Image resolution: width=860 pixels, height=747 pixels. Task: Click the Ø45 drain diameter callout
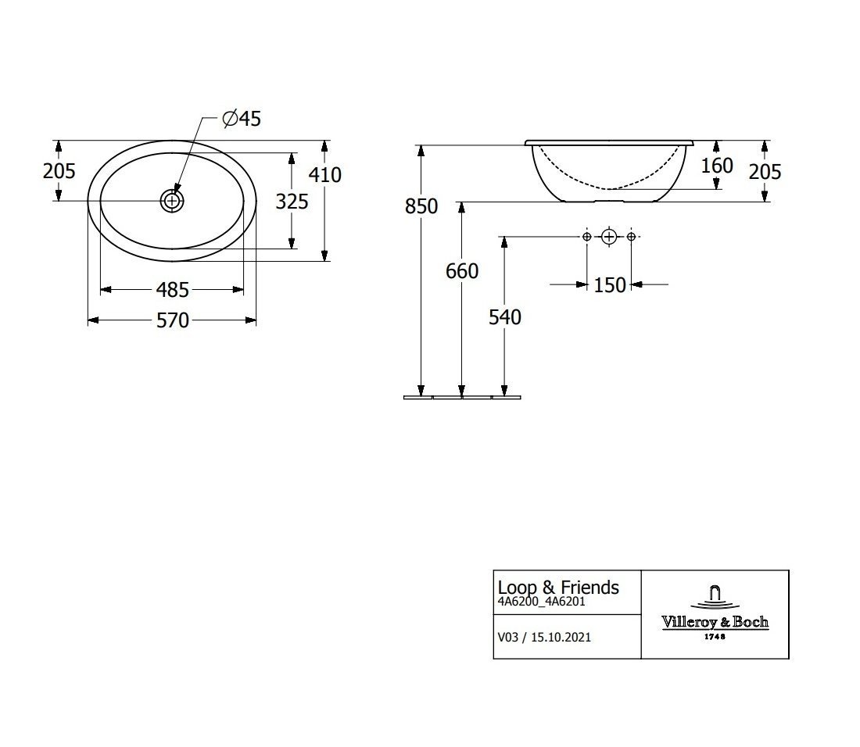242,119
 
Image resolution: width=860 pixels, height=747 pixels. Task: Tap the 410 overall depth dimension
324,175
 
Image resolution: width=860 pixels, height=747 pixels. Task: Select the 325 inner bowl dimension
292,202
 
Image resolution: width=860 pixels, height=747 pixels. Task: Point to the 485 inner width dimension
172,289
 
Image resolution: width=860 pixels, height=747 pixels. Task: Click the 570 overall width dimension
172,320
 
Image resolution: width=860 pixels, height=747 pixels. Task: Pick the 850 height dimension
421,206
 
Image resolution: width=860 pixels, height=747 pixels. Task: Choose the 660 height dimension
462,270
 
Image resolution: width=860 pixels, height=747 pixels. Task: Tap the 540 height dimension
504,316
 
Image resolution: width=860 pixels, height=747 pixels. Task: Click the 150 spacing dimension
610,285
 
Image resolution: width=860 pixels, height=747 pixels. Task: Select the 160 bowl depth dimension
717,166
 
